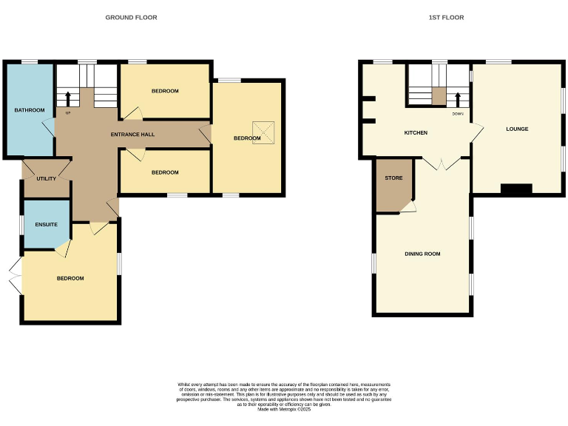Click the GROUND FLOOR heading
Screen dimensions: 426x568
coord(131,17)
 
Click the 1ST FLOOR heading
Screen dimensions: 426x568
coord(446,17)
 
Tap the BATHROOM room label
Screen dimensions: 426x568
coord(30,110)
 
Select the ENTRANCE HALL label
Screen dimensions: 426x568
coord(132,134)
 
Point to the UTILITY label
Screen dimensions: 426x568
coord(46,179)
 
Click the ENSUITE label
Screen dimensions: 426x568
coord(46,223)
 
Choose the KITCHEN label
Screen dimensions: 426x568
coord(415,133)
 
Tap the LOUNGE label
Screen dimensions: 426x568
coord(517,129)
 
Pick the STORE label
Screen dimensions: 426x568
coord(393,178)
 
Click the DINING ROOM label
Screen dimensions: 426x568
coord(422,254)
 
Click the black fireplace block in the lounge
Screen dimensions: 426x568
coord(516,189)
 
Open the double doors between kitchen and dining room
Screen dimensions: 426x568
coord(442,164)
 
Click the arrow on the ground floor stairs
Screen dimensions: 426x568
coord(68,98)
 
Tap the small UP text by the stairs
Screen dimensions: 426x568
coord(68,113)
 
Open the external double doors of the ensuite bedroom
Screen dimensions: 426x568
coord(16,279)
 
